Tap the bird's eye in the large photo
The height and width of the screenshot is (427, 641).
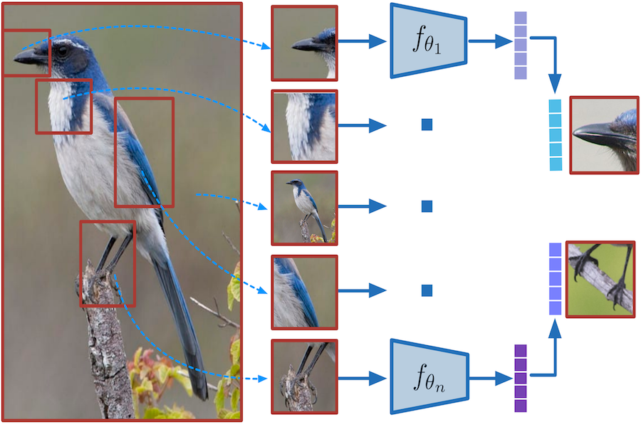63,51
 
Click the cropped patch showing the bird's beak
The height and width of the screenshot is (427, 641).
304,43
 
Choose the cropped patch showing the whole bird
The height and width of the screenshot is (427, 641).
304,207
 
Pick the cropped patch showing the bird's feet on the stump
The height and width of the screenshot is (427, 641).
304,376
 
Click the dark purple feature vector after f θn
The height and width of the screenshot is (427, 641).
520,378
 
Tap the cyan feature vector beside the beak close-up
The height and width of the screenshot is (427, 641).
556,135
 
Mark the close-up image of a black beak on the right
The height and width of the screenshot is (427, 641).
603,135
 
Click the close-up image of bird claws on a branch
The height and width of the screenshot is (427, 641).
600,279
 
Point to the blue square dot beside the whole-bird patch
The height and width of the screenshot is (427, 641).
427,206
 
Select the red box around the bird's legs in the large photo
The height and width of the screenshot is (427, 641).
108,263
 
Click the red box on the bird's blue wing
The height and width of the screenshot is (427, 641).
144,152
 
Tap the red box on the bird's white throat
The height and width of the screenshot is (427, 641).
64,106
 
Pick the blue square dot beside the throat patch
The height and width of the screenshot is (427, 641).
427,125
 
